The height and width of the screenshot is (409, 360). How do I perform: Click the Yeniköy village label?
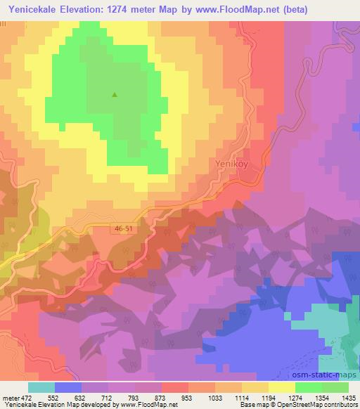point(229,164)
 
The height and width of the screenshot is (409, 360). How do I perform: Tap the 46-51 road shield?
point(122,228)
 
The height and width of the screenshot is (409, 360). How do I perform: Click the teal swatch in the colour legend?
point(41,387)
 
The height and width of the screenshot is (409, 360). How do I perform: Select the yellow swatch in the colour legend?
point(282,387)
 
